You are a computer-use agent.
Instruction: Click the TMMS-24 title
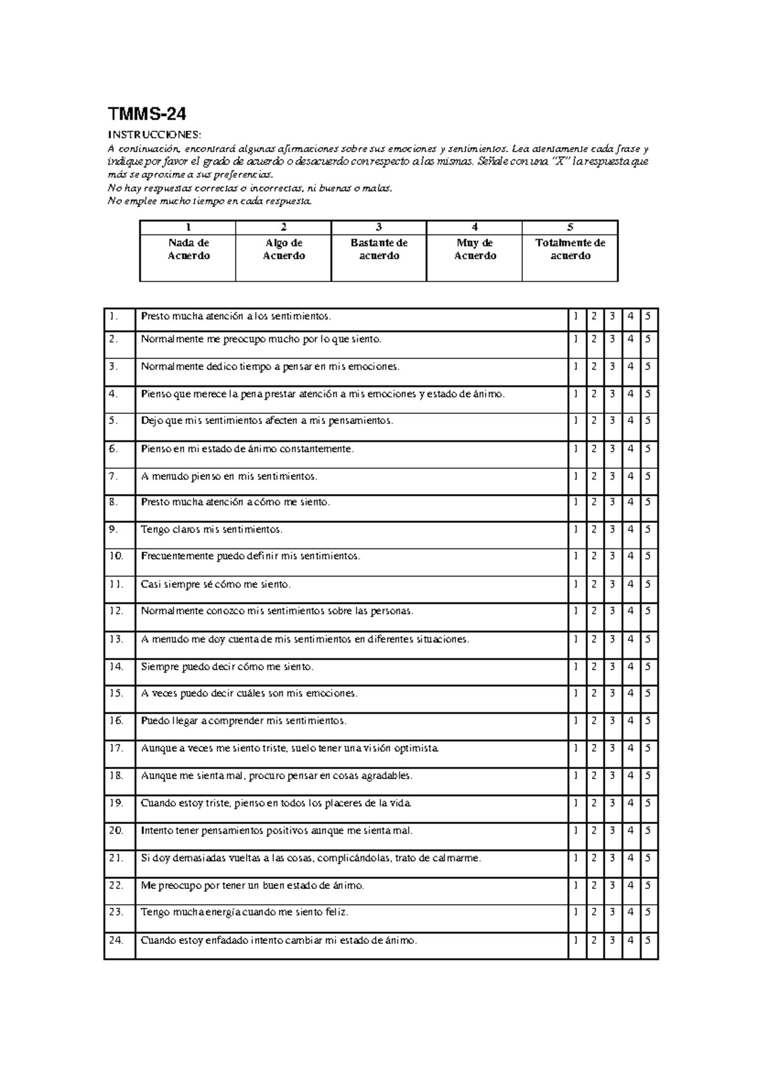click(146, 114)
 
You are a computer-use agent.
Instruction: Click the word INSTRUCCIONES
click(155, 135)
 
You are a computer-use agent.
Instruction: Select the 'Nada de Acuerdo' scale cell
click(188, 249)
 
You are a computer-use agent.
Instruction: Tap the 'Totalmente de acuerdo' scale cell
click(570, 249)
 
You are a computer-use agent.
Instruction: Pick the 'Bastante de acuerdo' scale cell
click(378, 249)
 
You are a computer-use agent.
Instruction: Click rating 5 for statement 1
click(648, 316)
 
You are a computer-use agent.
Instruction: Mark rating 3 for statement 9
click(612, 529)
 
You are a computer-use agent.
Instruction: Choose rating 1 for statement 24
click(575, 940)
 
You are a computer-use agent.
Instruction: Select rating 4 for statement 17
click(630, 748)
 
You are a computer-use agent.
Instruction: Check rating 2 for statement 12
click(594, 611)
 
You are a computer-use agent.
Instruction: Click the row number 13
click(116, 639)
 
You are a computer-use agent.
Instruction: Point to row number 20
click(116, 830)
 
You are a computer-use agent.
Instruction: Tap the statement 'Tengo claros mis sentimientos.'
click(212, 529)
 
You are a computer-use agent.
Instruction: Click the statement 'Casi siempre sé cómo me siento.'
click(216, 584)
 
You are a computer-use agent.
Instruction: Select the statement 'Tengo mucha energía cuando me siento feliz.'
click(245, 912)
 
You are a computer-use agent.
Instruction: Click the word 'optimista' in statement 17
click(416, 748)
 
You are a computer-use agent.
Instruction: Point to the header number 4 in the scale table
click(474, 227)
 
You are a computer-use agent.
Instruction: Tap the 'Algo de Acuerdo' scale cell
click(283, 249)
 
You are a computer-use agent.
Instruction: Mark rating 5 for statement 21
click(648, 858)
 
